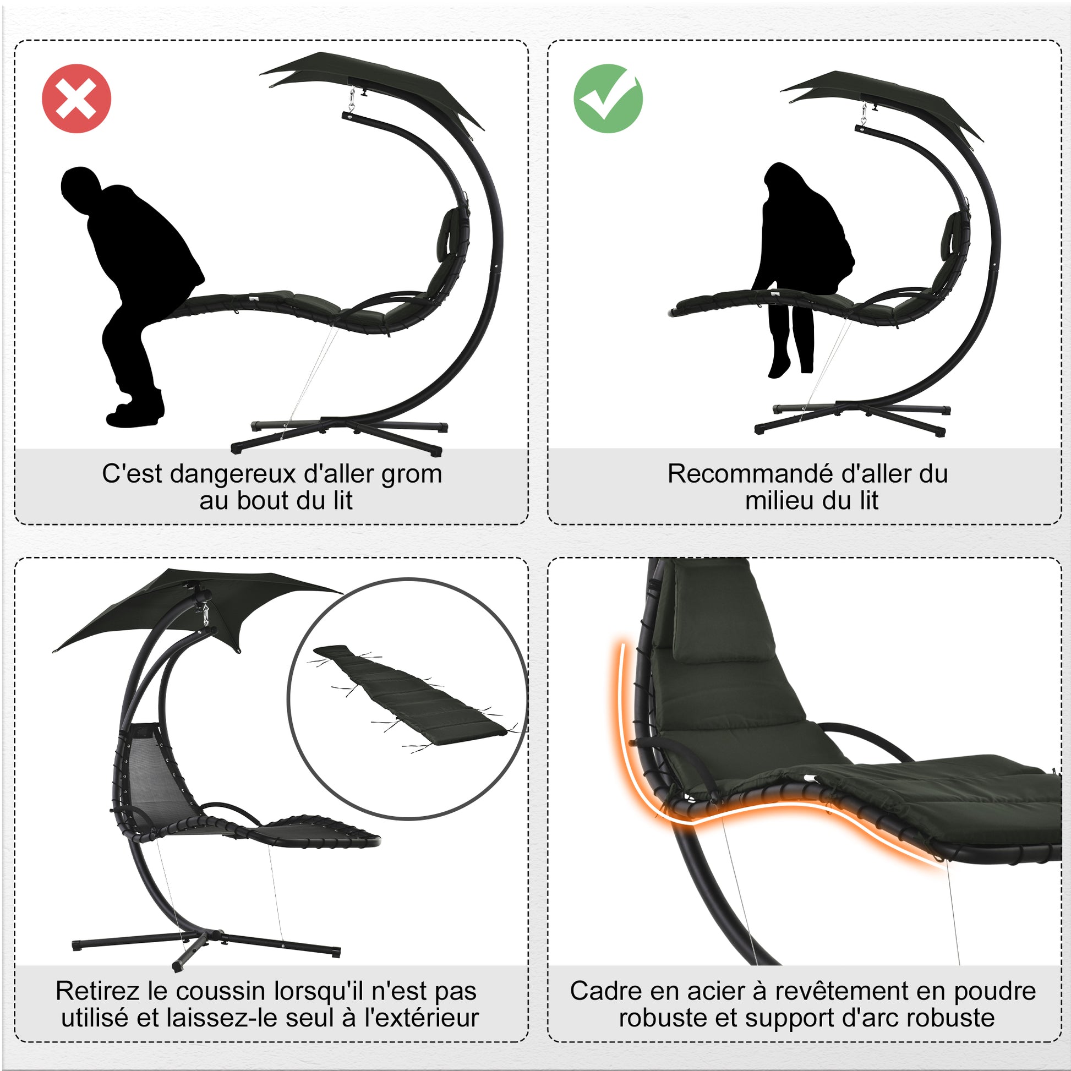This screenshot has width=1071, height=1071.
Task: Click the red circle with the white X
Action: click(x=76, y=99)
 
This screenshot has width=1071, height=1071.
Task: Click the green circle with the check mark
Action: click(x=608, y=98)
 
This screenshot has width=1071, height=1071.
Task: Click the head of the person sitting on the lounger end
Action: click(x=80, y=185)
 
